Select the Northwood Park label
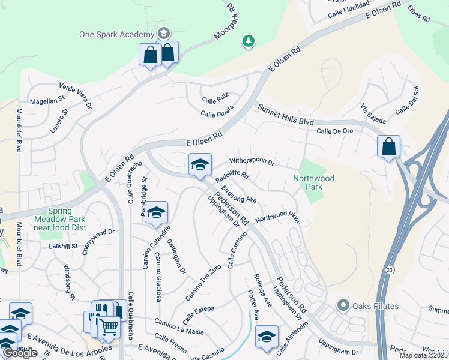tap(313, 182)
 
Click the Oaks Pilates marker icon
tap(343, 306)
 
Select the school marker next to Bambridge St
tap(156, 212)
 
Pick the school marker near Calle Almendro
tap(267, 337)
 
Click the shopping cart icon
tap(109, 327)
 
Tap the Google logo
tap(20, 353)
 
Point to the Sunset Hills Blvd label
tap(286, 114)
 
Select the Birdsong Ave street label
tap(239, 194)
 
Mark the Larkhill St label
tap(63, 246)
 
